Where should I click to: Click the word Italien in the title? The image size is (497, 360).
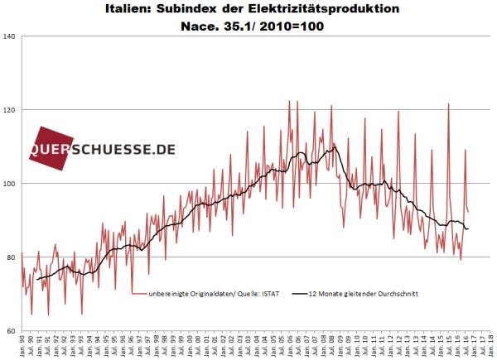tap(131, 10)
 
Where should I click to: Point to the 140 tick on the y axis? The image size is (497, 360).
tap(11, 36)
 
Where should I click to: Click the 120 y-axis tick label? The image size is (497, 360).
tap(11, 110)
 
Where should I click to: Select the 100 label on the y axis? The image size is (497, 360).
tap(11, 184)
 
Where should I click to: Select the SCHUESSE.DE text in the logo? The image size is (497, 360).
tap(128, 150)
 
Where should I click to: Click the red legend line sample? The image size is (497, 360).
tap(138, 293)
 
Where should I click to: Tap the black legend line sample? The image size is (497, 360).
tap(299, 293)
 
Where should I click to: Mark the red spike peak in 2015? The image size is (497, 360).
tap(448, 104)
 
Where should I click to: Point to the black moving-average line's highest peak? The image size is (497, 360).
tap(333, 146)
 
